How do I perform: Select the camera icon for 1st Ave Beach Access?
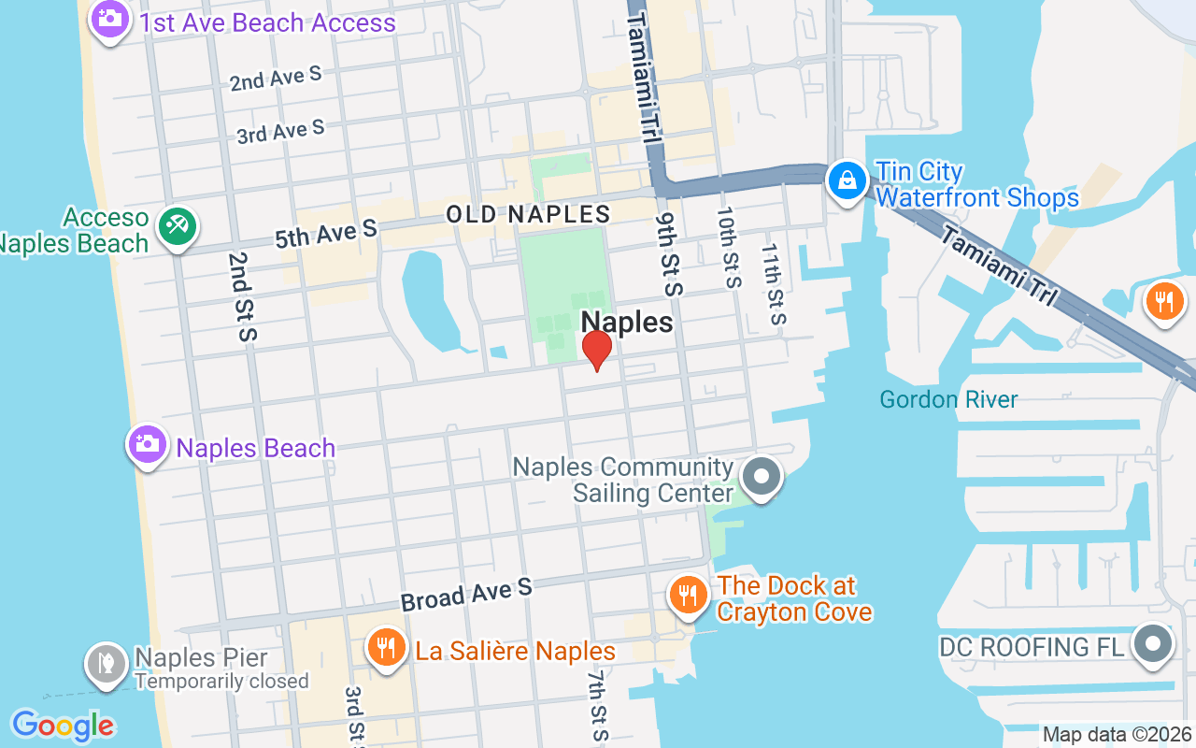tap(110, 18)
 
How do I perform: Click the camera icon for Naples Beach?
tap(147, 443)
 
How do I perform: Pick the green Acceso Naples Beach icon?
tap(177, 225)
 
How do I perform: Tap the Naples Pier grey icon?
tap(106, 663)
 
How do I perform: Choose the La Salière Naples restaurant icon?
tap(384, 646)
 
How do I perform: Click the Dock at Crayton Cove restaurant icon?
tap(688, 595)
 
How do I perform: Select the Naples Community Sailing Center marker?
tap(762, 476)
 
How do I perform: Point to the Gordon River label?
tap(948, 399)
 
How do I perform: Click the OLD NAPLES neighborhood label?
tap(528, 214)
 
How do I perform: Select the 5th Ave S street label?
tap(325, 234)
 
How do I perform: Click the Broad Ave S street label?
tap(466, 594)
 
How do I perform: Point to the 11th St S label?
tap(774, 284)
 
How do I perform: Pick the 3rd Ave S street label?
tap(280, 132)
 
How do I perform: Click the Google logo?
tap(63, 726)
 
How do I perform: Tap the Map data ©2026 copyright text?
tap(1118, 735)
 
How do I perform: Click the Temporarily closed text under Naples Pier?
tap(221, 681)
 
